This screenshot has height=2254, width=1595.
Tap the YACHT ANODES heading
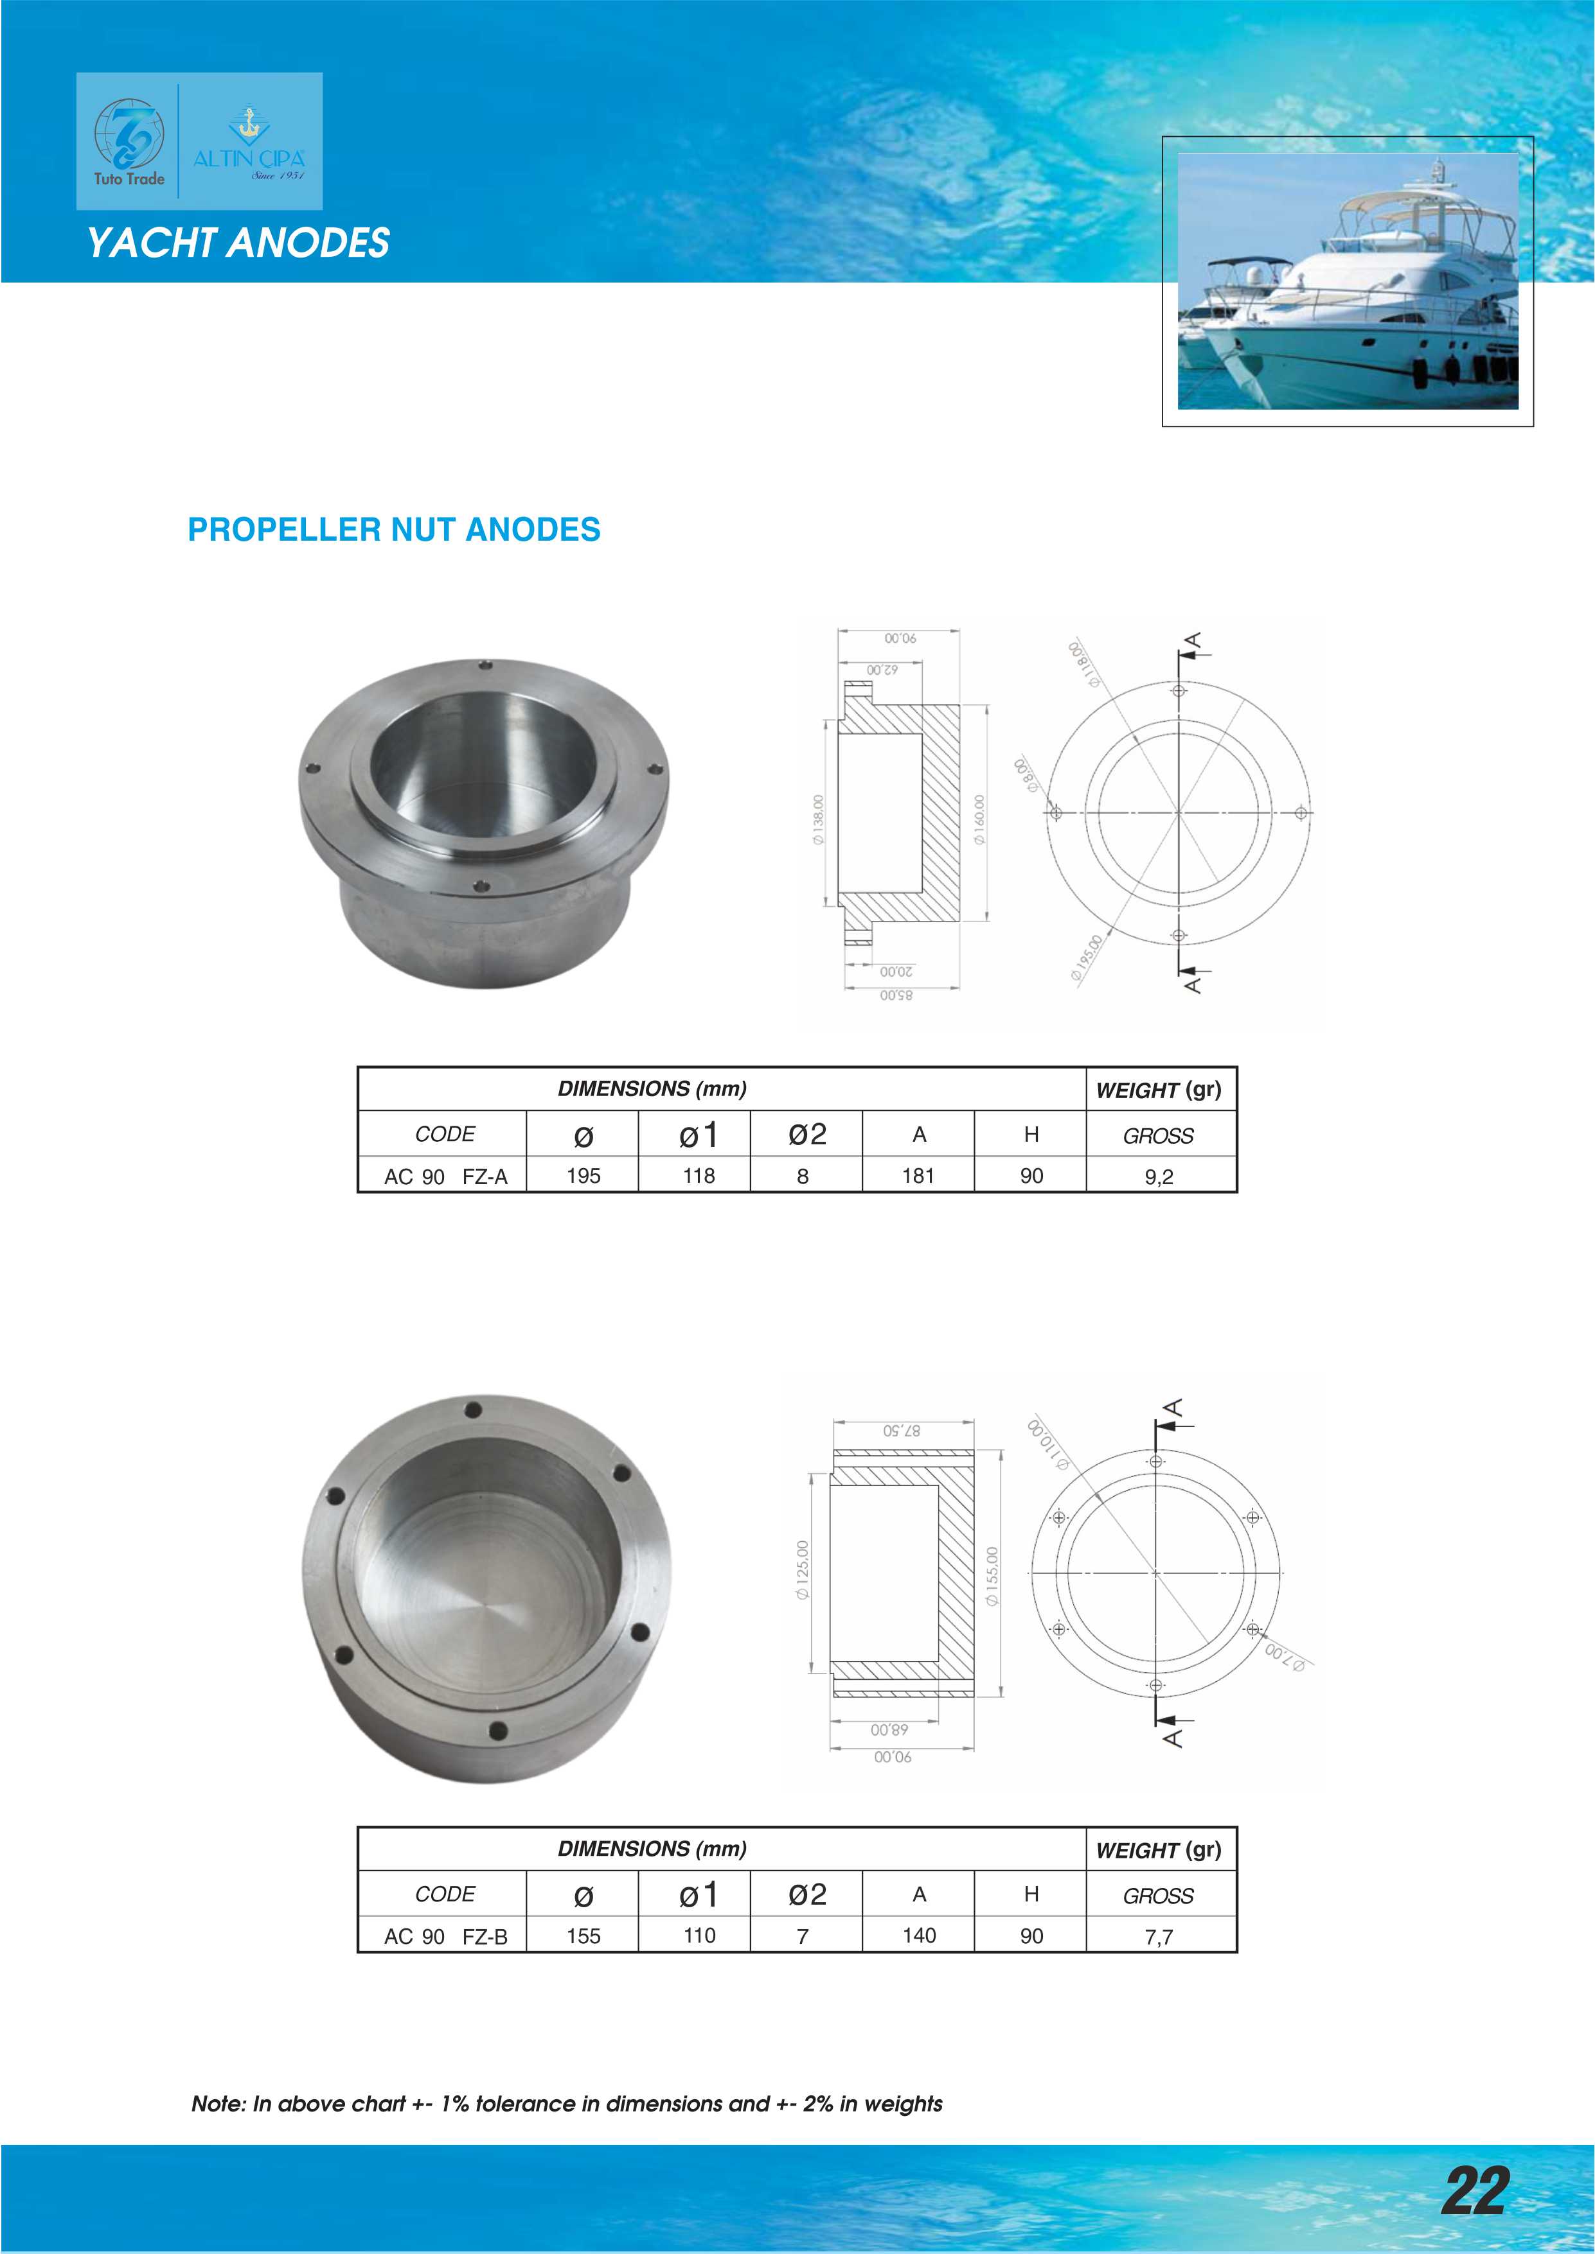(238, 243)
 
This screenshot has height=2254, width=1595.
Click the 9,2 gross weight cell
(1159, 1176)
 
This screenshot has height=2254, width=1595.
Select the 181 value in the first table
(918, 1175)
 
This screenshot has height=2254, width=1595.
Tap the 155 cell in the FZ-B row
(584, 1936)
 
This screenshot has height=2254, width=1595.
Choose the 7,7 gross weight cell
(1159, 1937)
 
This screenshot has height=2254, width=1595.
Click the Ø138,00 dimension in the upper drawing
(817, 820)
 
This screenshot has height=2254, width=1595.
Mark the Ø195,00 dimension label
(1087, 958)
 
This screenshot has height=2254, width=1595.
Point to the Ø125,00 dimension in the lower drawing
(803, 1571)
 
